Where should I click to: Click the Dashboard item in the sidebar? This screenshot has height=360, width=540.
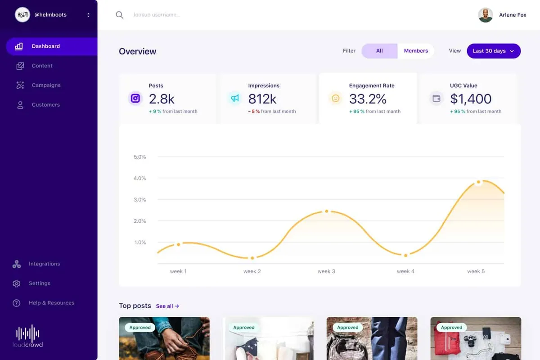click(x=46, y=46)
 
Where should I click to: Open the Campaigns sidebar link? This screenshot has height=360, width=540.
click(x=46, y=85)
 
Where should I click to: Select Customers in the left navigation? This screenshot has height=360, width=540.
click(x=45, y=105)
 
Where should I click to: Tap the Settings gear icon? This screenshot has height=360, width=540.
click(x=17, y=283)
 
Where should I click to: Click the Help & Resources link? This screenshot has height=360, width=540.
click(x=51, y=303)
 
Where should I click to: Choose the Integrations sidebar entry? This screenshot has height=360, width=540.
click(x=44, y=264)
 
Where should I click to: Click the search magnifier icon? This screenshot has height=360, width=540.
click(x=119, y=15)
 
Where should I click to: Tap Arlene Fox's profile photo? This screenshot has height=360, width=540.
click(x=486, y=15)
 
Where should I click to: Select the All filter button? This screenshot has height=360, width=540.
click(x=379, y=51)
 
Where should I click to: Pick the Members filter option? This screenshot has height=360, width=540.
click(x=416, y=51)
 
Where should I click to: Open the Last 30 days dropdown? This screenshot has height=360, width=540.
click(x=494, y=51)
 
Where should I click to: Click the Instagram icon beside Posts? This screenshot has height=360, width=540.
click(x=135, y=98)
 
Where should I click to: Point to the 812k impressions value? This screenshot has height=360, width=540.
click(x=262, y=99)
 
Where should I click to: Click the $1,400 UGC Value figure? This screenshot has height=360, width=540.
click(x=471, y=99)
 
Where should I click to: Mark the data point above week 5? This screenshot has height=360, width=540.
click(x=478, y=182)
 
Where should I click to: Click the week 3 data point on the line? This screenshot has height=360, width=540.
click(x=327, y=211)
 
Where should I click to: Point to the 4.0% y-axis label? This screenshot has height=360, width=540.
click(x=140, y=178)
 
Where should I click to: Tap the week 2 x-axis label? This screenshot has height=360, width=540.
click(x=252, y=271)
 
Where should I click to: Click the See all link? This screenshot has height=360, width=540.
click(x=167, y=306)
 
